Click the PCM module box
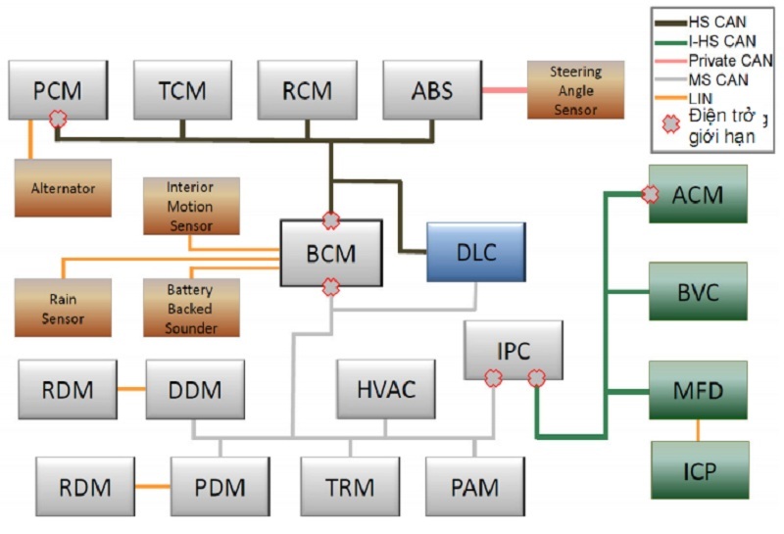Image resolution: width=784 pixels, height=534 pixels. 57,91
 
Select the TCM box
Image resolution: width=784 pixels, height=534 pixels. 182,91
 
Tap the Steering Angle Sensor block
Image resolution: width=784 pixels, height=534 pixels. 575,90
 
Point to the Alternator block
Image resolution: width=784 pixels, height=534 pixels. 63,186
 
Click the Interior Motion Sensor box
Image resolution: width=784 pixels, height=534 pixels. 191,206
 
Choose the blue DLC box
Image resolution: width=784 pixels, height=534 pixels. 476,252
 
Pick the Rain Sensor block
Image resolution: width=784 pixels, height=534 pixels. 63,305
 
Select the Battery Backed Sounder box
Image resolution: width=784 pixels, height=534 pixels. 191,307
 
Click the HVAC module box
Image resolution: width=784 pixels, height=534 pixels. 385,389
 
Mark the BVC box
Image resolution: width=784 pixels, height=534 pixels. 698,292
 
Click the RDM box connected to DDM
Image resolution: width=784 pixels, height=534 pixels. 68,390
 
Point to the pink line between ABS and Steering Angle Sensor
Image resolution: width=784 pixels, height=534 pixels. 504,90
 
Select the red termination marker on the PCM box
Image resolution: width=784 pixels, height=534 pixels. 59,118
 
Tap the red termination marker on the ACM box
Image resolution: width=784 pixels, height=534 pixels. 650,194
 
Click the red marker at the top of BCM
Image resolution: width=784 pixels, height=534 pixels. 331,219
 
